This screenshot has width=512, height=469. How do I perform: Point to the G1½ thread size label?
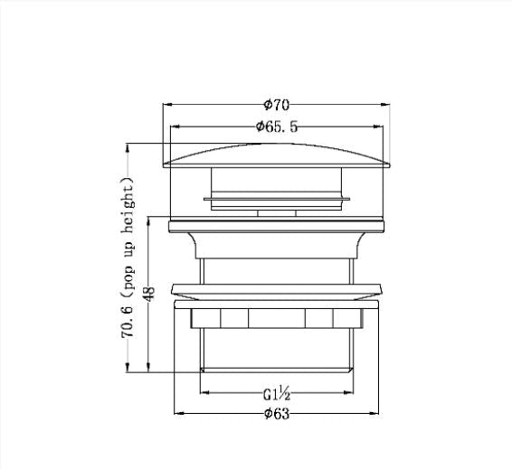(276, 393)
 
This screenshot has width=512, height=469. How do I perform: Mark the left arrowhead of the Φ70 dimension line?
(166, 106)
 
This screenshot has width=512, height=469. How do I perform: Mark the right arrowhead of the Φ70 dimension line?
(387, 106)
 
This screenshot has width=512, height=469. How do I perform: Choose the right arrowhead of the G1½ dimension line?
(349, 393)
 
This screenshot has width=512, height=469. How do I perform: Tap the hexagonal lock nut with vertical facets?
(276, 319)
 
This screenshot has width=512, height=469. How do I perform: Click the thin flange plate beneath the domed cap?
(276, 220)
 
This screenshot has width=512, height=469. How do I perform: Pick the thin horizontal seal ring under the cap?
(276, 195)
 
